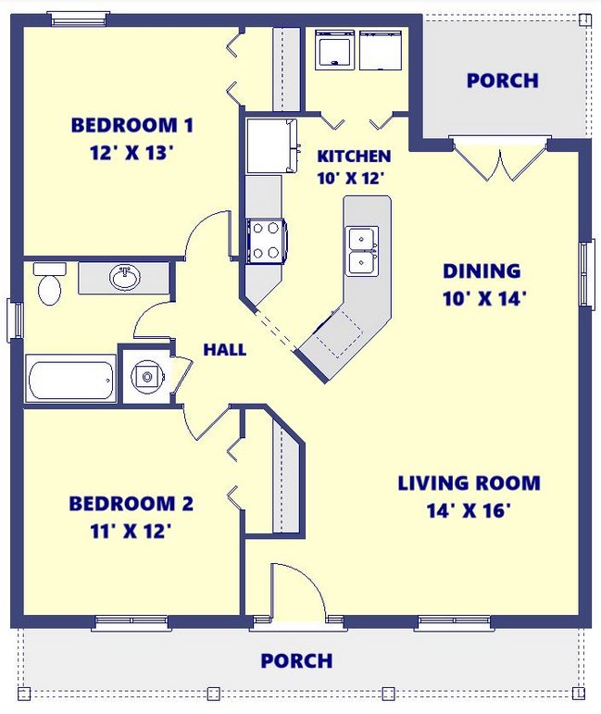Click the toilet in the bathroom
pos(49,283)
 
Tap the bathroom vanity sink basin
pos(125,277)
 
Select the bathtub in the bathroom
pos(70,379)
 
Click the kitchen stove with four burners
pos(267,241)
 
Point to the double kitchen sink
pos(362,251)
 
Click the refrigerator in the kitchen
pos(272,145)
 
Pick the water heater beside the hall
pos(146,377)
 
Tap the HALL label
pos(225,350)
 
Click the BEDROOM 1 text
pos(132,125)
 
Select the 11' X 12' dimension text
pos(131,531)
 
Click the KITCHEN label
pos(354,157)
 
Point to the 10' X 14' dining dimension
pos(484,299)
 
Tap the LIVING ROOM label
pos(469,483)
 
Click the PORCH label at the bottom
pos(296,660)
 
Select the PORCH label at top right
pos(503,81)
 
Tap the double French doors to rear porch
pos(500,157)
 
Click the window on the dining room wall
pos(586,274)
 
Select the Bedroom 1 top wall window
pos(80,19)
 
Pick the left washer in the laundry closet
pos(335,50)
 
